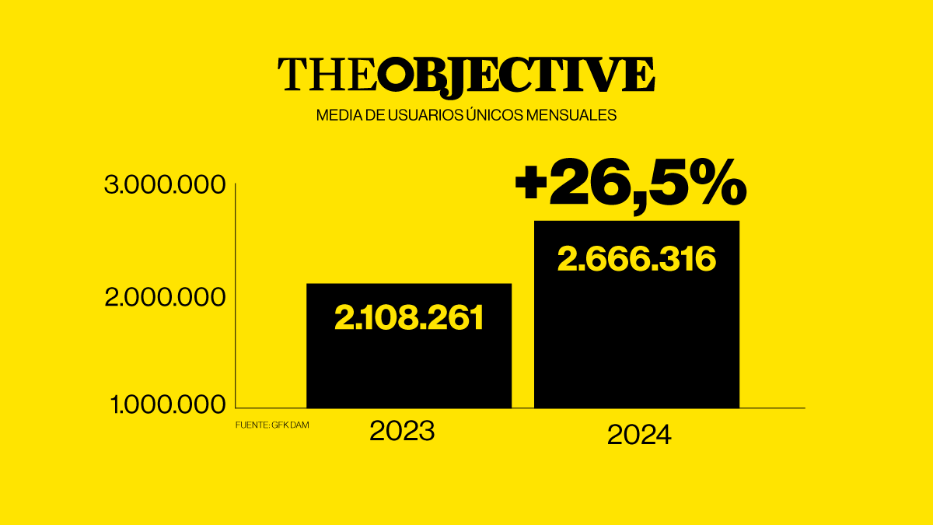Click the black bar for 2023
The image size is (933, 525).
click(x=409, y=366)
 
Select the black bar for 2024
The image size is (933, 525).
click(x=637, y=342)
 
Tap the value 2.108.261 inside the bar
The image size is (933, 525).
click(x=409, y=317)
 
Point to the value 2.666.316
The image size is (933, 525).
click(x=637, y=259)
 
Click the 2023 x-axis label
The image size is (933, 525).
click(x=401, y=431)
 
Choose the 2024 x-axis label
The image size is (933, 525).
click(x=639, y=435)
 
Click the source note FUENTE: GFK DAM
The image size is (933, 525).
click(x=267, y=425)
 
